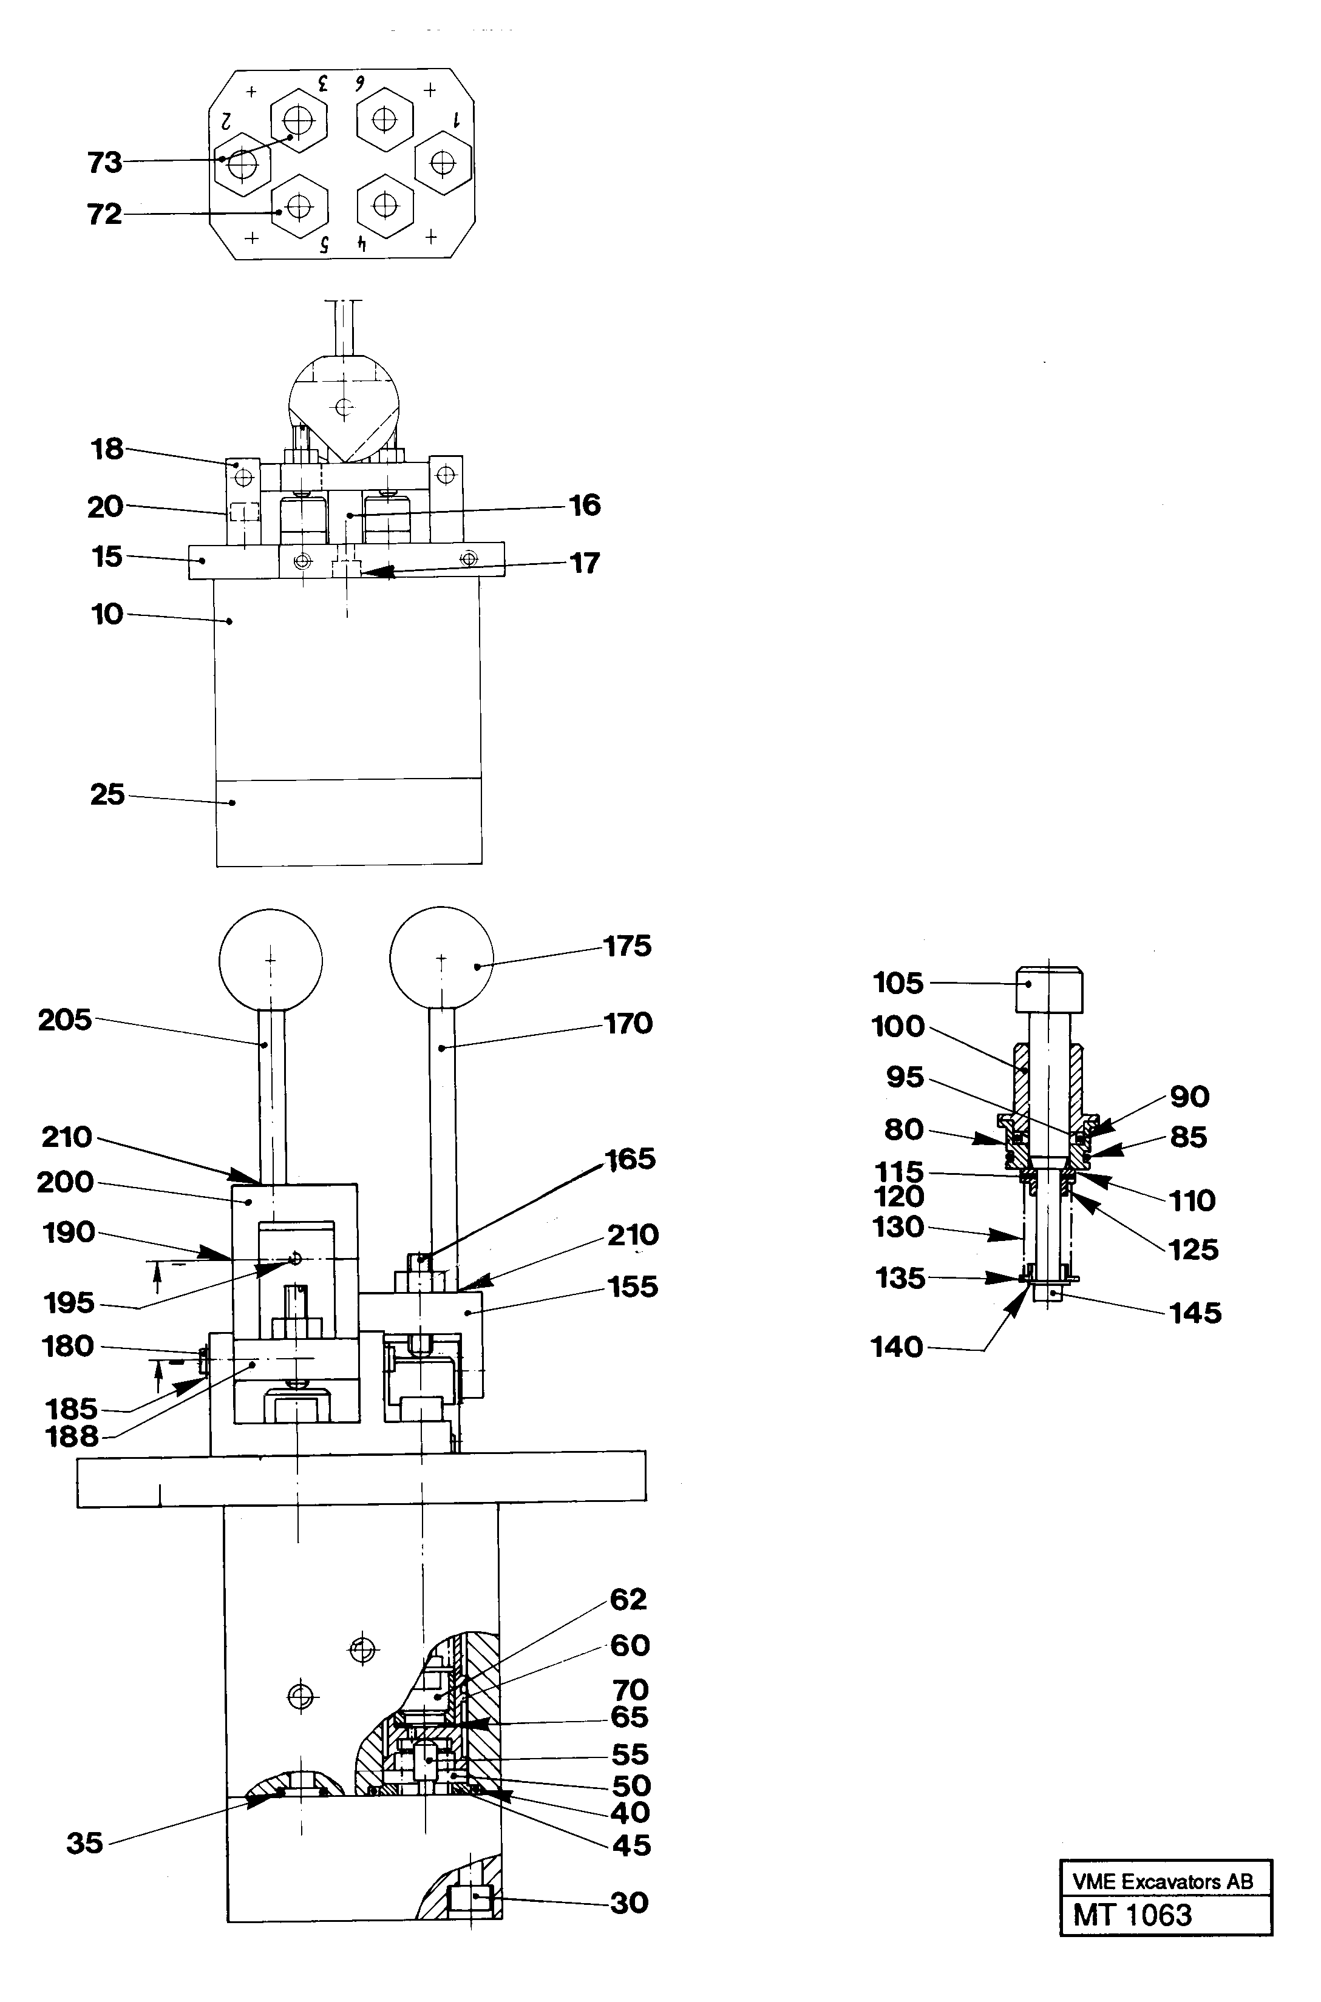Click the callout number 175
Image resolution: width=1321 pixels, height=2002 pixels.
click(628, 946)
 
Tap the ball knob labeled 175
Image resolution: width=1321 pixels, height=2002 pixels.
click(441, 958)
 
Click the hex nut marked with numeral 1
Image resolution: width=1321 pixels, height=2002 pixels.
click(443, 163)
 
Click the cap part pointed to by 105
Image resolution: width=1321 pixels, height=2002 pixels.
click(1049, 990)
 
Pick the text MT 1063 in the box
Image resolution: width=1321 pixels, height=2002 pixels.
click(1132, 1915)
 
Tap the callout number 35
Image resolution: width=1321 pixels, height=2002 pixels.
click(84, 1843)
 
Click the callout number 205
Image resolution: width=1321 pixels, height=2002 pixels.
click(65, 1020)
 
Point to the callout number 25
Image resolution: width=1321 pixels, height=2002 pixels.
click(107, 794)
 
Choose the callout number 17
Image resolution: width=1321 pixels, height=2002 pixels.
click(585, 563)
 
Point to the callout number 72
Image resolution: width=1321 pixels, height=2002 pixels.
click(104, 214)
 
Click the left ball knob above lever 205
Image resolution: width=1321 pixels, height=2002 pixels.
click(270, 959)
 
